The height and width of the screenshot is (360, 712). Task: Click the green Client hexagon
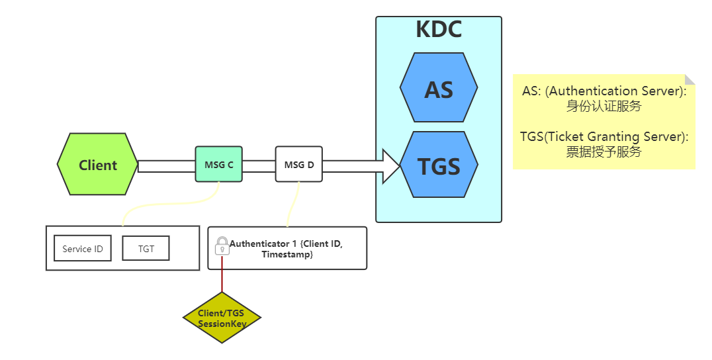click(x=98, y=165)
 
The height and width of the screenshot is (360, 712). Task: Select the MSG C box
click(x=218, y=164)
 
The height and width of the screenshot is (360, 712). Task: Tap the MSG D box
click(x=298, y=164)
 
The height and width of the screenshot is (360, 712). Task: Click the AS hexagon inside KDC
click(x=439, y=88)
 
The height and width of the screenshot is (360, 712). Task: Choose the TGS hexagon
click(x=439, y=165)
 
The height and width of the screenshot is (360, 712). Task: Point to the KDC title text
click(x=439, y=30)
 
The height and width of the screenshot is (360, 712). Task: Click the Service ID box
click(x=83, y=249)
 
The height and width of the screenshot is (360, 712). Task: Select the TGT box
click(x=146, y=249)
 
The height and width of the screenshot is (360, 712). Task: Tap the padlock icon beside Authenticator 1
click(x=222, y=246)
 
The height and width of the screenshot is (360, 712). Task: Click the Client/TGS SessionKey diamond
click(x=222, y=318)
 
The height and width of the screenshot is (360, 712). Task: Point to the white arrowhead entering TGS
click(x=391, y=165)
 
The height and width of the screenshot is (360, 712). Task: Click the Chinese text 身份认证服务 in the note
click(x=603, y=106)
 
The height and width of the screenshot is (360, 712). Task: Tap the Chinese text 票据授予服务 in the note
click(x=603, y=152)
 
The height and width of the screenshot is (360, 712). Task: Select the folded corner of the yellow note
click(x=690, y=79)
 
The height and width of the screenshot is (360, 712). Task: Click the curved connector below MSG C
click(x=165, y=206)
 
